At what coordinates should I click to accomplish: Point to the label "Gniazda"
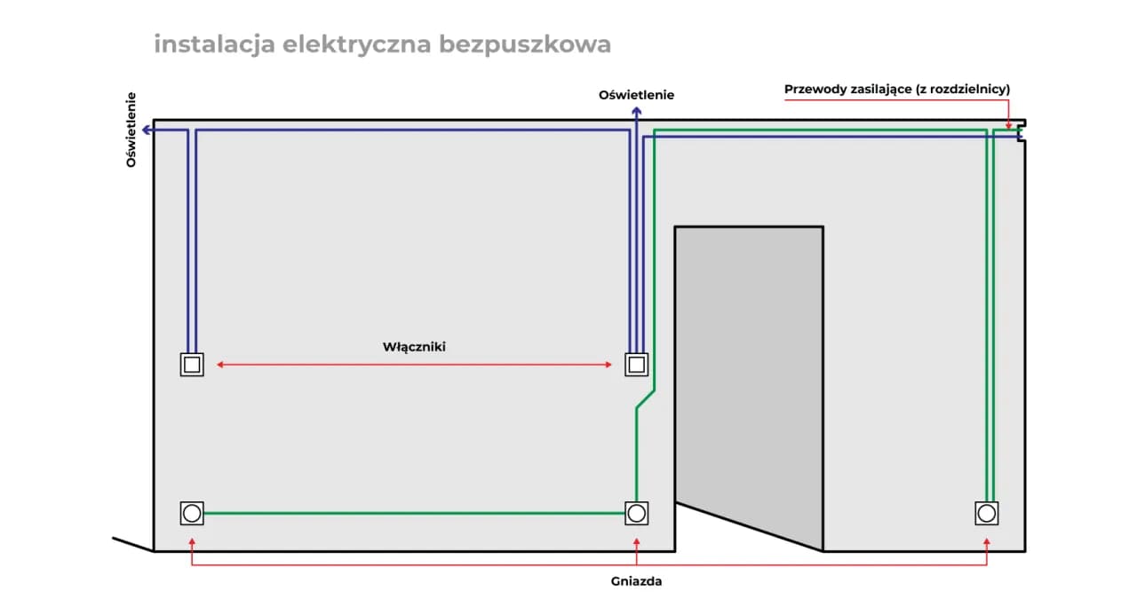coord(636,582)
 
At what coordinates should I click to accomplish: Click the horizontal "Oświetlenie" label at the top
coord(636,94)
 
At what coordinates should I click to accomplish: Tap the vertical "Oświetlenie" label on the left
coord(131,130)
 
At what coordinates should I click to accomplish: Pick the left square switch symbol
coord(192,365)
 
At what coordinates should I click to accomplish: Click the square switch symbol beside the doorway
coord(636,365)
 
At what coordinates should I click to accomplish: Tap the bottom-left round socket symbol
coord(192,513)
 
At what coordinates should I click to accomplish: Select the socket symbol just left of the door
coord(636,513)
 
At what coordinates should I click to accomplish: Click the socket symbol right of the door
coord(986,513)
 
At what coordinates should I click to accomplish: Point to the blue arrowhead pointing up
coord(636,111)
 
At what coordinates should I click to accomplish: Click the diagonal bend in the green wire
coord(645,399)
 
